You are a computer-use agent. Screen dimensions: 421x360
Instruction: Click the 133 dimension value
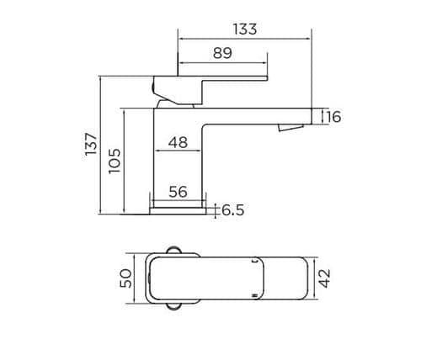(x=245, y=29)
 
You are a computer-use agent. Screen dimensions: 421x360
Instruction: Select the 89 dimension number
(x=222, y=53)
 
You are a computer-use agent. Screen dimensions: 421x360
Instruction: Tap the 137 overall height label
(x=91, y=144)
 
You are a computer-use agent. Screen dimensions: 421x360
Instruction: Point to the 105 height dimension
(x=115, y=161)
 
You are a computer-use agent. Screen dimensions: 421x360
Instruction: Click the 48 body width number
(x=178, y=142)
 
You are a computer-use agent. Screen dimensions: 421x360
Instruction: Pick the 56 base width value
(x=178, y=192)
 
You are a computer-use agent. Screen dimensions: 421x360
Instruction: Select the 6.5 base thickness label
(x=233, y=210)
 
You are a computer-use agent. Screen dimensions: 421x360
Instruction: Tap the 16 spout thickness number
(x=333, y=117)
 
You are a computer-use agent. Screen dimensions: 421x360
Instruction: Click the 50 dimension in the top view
(x=125, y=278)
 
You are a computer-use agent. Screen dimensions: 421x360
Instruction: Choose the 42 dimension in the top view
(x=325, y=278)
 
